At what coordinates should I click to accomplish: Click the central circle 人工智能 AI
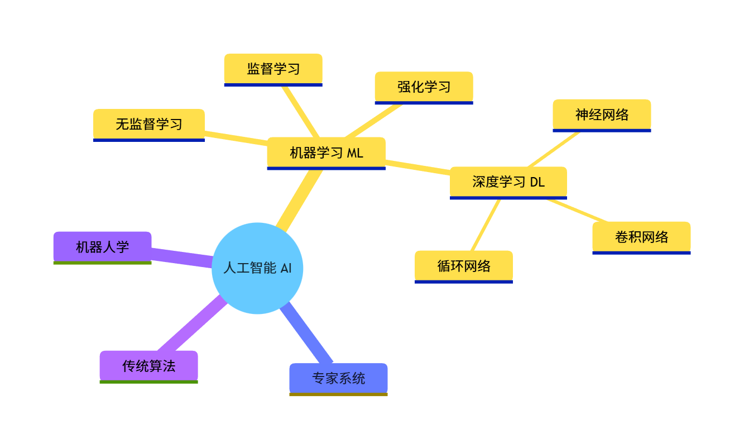coord(257,268)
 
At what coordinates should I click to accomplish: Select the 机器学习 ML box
coord(326,152)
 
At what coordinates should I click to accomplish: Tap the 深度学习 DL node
coord(508,182)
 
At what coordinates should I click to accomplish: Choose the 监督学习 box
coord(273,69)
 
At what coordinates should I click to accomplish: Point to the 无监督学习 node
coord(148,124)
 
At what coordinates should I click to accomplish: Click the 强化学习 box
coord(424,87)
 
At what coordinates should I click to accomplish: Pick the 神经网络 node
coord(602,115)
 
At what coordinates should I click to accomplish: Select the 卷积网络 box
coord(641,237)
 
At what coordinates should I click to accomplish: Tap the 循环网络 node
coord(463,266)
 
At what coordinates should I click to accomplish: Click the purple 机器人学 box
coord(102,247)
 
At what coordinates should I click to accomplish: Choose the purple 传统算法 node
coord(148,366)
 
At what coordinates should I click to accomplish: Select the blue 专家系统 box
coord(338,379)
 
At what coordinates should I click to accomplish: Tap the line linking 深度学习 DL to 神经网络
coord(553,149)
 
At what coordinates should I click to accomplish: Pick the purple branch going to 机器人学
coord(182,257)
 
